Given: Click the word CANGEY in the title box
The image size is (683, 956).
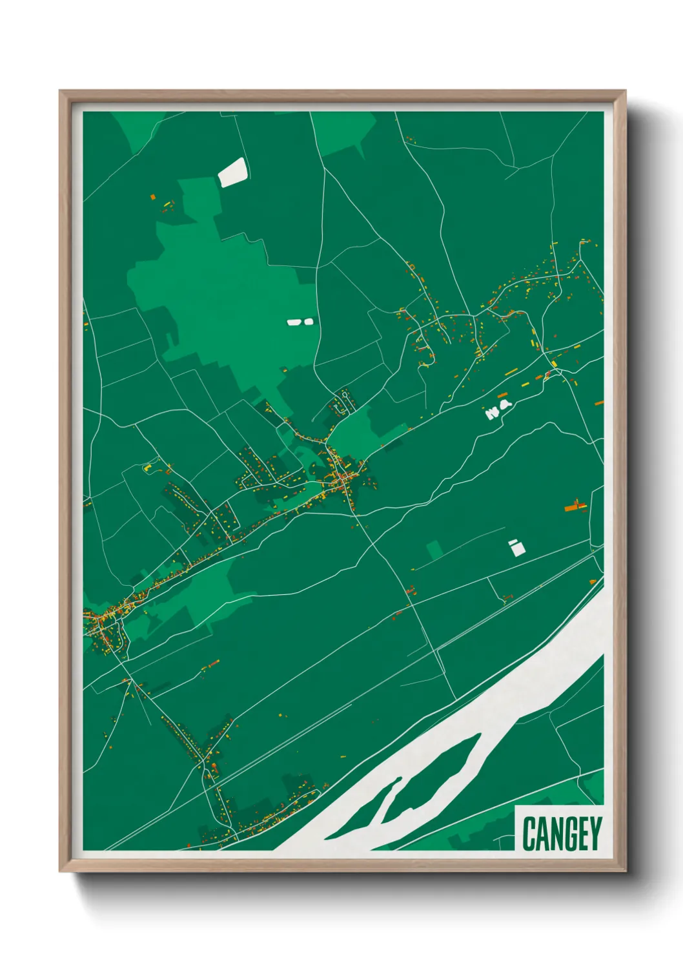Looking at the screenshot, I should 562,833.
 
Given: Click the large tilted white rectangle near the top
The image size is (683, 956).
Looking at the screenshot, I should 233,172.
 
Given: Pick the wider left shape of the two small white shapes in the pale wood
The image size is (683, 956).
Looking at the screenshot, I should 294,322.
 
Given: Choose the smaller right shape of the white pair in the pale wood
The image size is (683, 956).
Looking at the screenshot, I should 308,321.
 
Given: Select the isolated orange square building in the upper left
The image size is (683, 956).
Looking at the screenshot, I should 153,196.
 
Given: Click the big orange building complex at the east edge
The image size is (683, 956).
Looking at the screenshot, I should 574,506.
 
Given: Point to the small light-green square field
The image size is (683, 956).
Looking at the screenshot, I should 435,550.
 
